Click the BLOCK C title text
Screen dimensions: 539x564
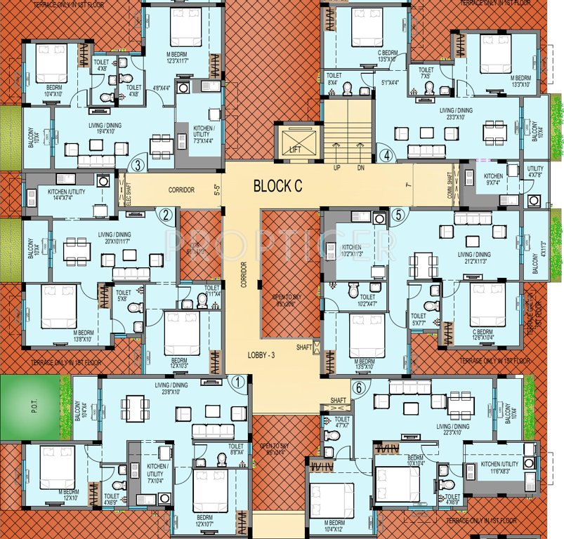(x=278, y=186)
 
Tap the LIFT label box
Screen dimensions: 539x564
(x=294, y=149)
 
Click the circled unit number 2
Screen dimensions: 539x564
(x=166, y=215)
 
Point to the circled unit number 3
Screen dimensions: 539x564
(x=138, y=166)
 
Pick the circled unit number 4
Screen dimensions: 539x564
(x=384, y=156)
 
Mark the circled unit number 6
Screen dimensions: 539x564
(x=359, y=387)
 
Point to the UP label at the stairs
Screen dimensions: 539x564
(x=337, y=168)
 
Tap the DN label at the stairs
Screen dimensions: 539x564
(x=360, y=168)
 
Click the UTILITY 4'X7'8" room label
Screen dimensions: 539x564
(x=535, y=173)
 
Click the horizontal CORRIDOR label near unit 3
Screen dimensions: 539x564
(x=181, y=190)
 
